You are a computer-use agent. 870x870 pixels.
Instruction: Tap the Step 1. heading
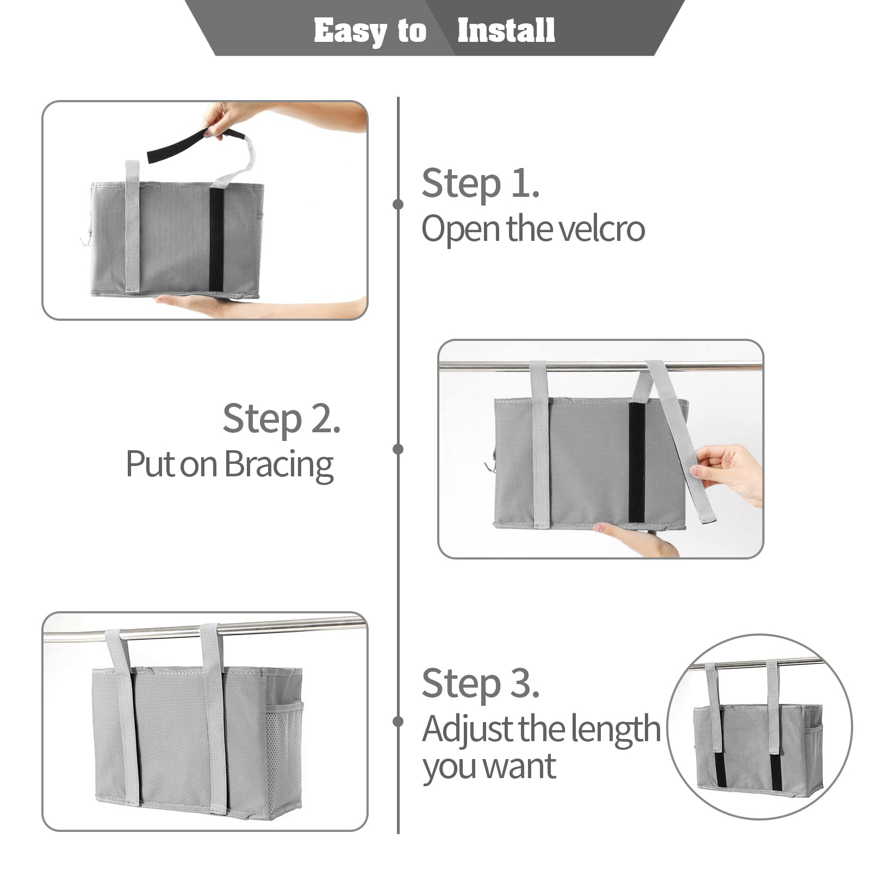480,183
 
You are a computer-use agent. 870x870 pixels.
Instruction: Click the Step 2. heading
281,419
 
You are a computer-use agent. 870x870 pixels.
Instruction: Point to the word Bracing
278,465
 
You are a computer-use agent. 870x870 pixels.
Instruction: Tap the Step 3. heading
480,683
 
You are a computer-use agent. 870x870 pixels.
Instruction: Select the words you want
489,767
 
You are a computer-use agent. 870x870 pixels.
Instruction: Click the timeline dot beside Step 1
398,204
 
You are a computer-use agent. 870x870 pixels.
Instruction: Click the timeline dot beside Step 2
398,449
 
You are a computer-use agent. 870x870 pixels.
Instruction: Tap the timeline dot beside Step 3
398,722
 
